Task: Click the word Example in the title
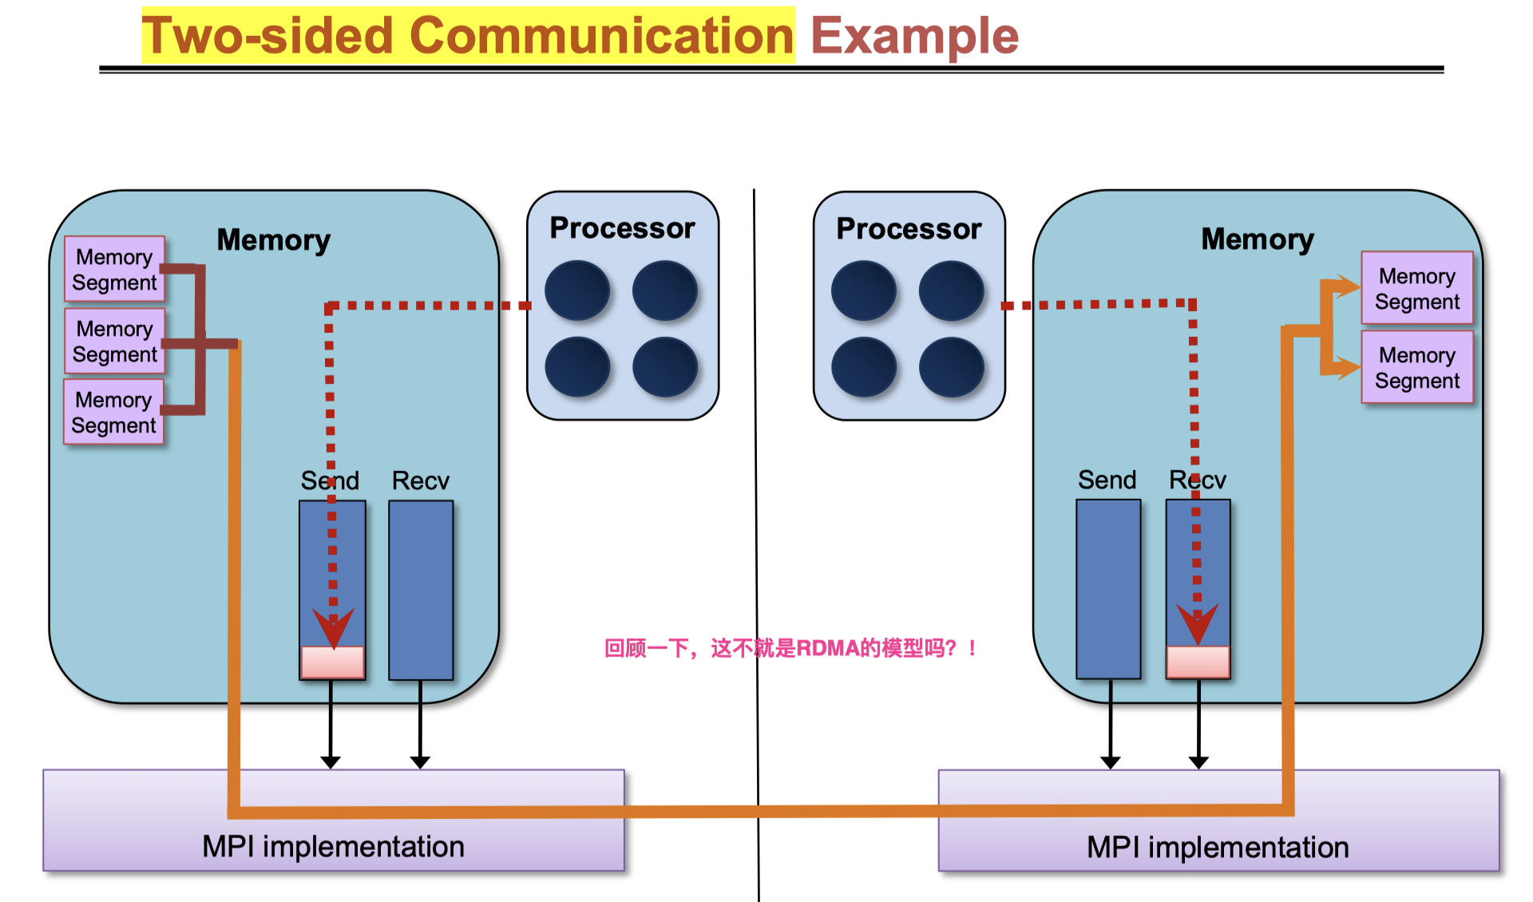(x=914, y=36)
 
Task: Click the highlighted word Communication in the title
(x=601, y=36)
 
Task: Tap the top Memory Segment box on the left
(x=114, y=269)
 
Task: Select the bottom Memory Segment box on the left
(x=113, y=412)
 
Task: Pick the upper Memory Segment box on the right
(x=1416, y=288)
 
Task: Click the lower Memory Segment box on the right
(x=1416, y=367)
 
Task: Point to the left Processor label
(x=622, y=228)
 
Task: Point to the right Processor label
(x=909, y=229)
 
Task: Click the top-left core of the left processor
(x=577, y=291)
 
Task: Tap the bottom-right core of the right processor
(x=951, y=367)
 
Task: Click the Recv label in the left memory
(x=420, y=481)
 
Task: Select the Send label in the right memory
(x=1107, y=480)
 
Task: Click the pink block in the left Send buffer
(x=332, y=662)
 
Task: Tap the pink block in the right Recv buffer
(x=1198, y=661)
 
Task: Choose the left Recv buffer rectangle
(x=421, y=590)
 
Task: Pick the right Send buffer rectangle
(x=1108, y=589)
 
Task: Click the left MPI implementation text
(x=333, y=846)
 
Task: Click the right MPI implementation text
(x=1218, y=847)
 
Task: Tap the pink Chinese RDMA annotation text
(x=790, y=647)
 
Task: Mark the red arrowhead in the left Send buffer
(x=333, y=627)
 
